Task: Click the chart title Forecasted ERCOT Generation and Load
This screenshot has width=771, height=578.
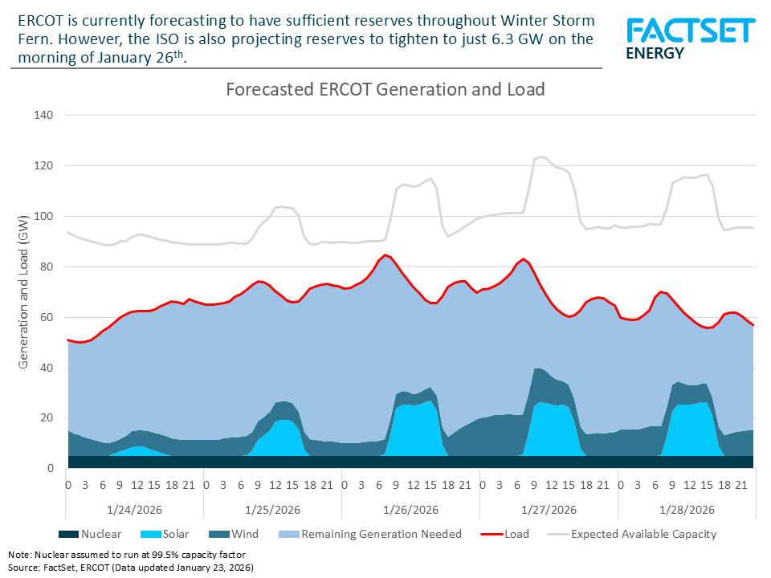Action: coord(385,90)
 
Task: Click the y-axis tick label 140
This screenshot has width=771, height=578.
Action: coord(43,116)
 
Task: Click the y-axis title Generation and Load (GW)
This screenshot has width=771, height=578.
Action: coord(24,292)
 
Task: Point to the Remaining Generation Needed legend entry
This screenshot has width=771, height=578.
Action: coord(369,534)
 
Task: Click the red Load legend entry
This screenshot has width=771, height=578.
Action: coord(506,534)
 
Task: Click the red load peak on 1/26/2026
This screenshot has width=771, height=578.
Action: coord(386,255)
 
